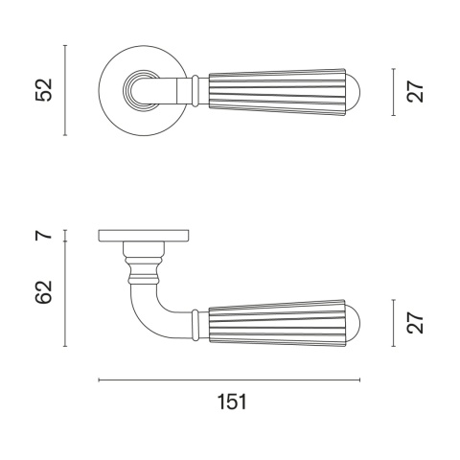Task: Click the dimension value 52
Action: (x=43, y=90)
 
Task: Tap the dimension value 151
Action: (x=232, y=402)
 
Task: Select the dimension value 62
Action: (x=43, y=291)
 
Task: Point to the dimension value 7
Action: (x=43, y=235)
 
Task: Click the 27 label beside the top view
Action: (x=415, y=92)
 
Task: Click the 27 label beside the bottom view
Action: (x=415, y=323)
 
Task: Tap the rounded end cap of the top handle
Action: (x=353, y=92)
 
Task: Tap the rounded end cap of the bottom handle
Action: (x=353, y=323)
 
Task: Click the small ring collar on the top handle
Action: (x=195, y=91)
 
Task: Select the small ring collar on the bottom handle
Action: (x=195, y=325)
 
